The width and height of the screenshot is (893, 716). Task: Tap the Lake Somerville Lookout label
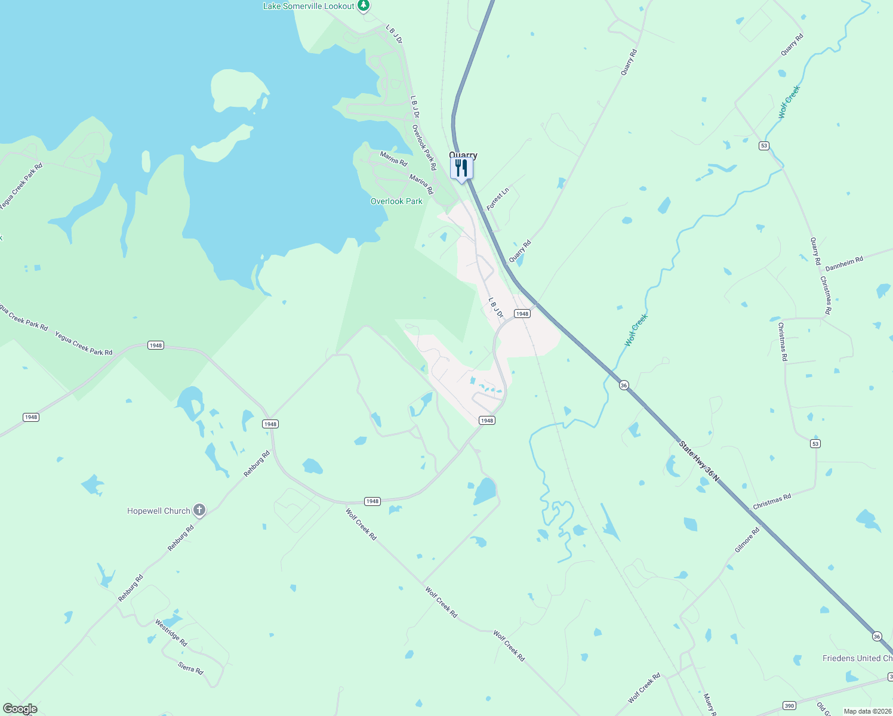pyautogui.click(x=309, y=6)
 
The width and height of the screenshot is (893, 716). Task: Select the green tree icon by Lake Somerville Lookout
pyautogui.click(x=364, y=5)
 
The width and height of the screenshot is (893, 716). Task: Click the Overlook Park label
pyautogui.click(x=396, y=201)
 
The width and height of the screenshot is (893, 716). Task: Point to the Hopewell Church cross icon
pyautogui.click(x=199, y=510)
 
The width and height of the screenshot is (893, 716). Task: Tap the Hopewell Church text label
pyautogui.click(x=159, y=511)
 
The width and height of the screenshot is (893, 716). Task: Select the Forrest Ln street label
pyautogui.click(x=498, y=199)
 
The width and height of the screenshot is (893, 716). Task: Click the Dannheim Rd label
pyautogui.click(x=844, y=263)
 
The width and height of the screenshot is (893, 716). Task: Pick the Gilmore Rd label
pyautogui.click(x=747, y=539)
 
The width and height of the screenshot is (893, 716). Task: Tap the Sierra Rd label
pyautogui.click(x=190, y=668)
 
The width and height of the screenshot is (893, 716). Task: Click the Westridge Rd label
pyautogui.click(x=171, y=633)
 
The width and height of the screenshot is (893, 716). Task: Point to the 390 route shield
pyautogui.click(x=789, y=706)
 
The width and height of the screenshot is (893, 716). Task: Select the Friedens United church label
pyautogui.click(x=857, y=658)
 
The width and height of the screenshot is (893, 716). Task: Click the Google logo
pyautogui.click(x=20, y=709)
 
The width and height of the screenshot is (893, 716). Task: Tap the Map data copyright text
pyautogui.click(x=867, y=711)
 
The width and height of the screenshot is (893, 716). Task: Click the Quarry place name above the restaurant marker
pyautogui.click(x=463, y=155)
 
